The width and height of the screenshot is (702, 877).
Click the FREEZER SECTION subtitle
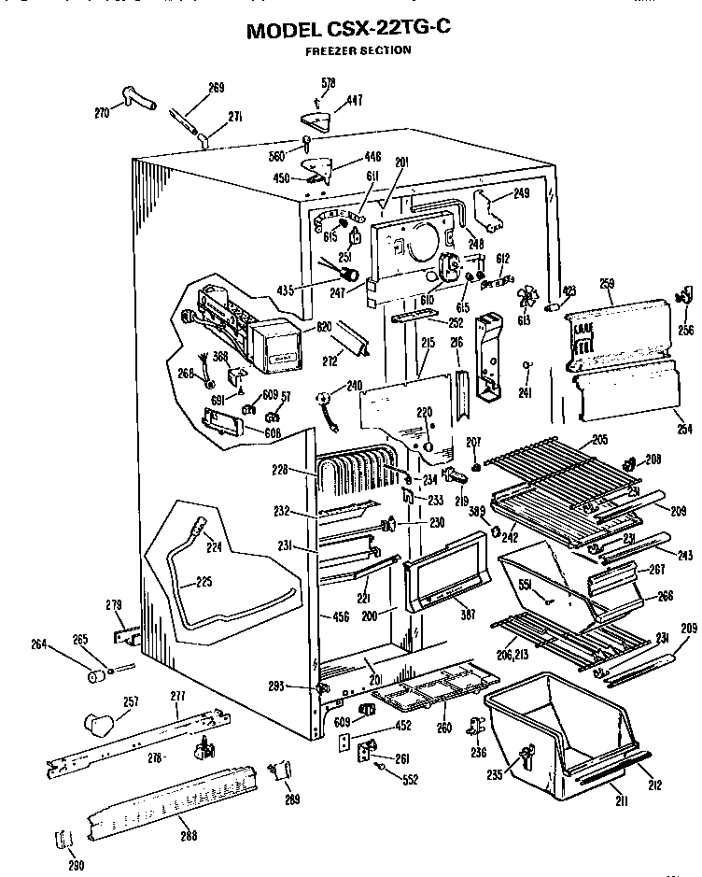click(358, 50)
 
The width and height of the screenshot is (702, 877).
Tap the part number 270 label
click(103, 113)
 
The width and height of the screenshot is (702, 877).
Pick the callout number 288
click(190, 836)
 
